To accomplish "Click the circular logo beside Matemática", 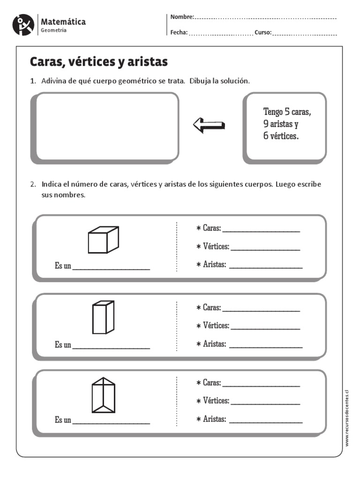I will click(x=23, y=25).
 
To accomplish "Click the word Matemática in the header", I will click(x=63, y=22).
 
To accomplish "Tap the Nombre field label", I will click(x=182, y=17).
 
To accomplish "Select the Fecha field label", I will click(x=179, y=33).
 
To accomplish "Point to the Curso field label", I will click(x=263, y=33).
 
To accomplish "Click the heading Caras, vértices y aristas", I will click(x=99, y=62).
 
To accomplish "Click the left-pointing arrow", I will click(x=209, y=125).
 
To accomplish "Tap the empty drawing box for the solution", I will click(x=107, y=127).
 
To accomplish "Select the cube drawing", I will click(x=103, y=240).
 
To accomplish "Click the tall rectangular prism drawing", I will click(x=103, y=317).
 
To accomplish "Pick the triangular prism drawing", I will click(x=103, y=396).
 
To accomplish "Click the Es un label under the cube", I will click(x=63, y=266).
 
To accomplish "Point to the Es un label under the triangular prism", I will click(x=63, y=420).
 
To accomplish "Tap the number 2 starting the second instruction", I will click(x=32, y=184).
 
